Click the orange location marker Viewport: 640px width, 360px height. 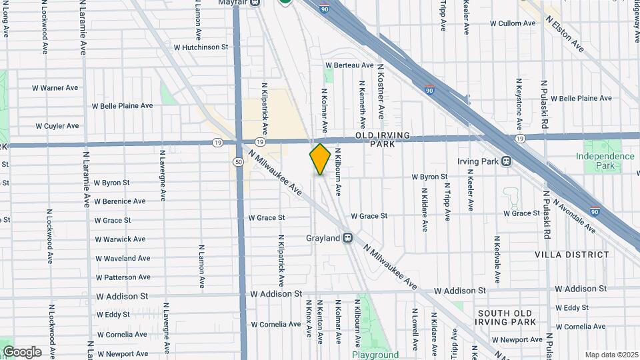click(320, 159)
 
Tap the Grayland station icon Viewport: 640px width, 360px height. click(347, 238)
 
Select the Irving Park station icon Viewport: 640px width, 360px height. click(507, 161)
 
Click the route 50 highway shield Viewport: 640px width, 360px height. click(237, 161)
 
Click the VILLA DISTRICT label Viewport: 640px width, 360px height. click(571, 255)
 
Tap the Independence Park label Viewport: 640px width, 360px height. click(605, 161)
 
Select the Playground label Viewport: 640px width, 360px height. click(375, 355)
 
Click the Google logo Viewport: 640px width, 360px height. click(21, 352)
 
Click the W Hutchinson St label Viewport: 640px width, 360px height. click(201, 47)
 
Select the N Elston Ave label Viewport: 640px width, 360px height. click(565, 34)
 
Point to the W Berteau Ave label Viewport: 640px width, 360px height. click(349, 65)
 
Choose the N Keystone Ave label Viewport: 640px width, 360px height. click(519, 105)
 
